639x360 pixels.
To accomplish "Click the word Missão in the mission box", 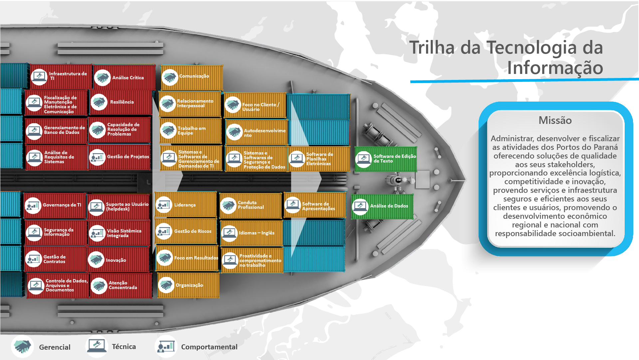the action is click(x=555, y=120).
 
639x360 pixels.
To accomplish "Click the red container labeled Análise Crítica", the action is click(x=124, y=77).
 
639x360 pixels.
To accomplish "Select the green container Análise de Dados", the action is click(x=382, y=206).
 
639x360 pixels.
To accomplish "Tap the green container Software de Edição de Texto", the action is click(x=386, y=159).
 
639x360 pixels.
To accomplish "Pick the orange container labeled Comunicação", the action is click(x=192, y=77).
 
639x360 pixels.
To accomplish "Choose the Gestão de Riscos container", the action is click(x=186, y=231).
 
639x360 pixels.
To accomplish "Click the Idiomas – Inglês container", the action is click(x=251, y=233).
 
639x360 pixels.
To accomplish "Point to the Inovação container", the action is click(x=118, y=260).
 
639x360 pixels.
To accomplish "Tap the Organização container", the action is click(x=188, y=285).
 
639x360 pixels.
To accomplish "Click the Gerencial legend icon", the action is click(x=23, y=347).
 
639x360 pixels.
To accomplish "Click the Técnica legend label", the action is click(x=124, y=347).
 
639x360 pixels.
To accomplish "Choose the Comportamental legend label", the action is click(x=209, y=347).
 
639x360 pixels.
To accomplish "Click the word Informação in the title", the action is click(x=555, y=68).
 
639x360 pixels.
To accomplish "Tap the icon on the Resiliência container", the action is click(x=99, y=102).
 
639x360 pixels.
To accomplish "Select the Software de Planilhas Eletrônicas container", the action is click(x=319, y=159).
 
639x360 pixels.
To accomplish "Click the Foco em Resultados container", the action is click(x=187, y=258).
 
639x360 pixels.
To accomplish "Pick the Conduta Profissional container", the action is click(x=251, y=205).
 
